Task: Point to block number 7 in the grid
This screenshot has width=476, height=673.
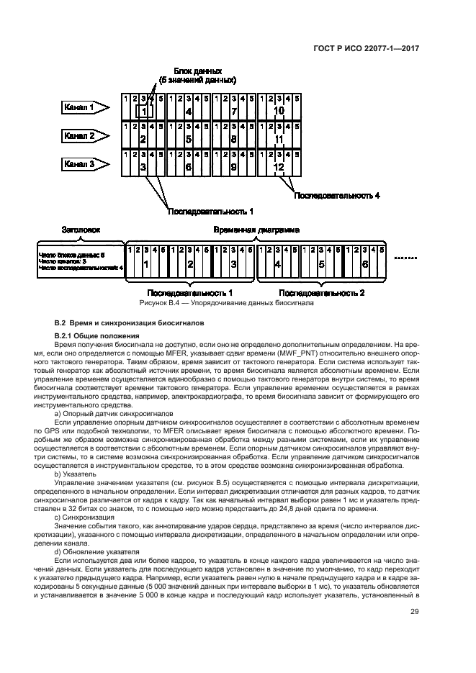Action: click(234, 112)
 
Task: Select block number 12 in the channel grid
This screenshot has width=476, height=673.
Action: click(278, 168)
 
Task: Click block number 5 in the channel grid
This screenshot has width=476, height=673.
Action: click(188, 140)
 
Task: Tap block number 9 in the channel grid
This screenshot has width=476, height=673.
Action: click(234, 168)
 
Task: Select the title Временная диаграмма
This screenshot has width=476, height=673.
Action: click(257, 230)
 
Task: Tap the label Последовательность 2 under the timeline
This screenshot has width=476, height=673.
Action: click(322, 293)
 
